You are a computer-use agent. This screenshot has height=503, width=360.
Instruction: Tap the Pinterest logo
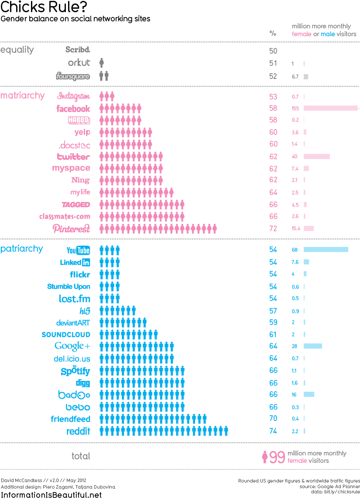coord(71,228)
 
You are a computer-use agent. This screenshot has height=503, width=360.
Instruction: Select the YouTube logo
coord(78,250)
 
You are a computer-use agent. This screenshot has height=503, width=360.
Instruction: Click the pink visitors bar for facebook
coord(330,108)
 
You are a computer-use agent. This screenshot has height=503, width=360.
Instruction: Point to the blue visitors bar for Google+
coord(312,346)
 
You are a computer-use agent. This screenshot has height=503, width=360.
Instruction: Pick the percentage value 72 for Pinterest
coord(273,228)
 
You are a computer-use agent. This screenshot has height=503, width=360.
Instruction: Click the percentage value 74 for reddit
coord(273,431)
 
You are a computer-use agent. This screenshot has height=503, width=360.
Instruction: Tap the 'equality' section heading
coord(17,50)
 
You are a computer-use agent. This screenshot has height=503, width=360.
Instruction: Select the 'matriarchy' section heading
coord(22,96)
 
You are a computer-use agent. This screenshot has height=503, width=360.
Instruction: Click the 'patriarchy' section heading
coord(22,249)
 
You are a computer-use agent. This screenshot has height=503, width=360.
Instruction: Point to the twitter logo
coord(73,157)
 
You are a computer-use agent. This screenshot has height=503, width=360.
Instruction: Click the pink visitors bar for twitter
coord(316,156)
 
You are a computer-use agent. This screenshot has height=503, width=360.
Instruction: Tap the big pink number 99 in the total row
coord(277,457)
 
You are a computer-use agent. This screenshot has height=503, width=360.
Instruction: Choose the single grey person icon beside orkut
coord(102,63)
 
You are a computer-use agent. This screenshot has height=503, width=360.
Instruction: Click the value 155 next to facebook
coord(296,109)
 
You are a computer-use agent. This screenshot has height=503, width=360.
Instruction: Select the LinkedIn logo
coord(75,262)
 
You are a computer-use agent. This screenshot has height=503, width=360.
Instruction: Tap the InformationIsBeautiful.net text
coord(51,495)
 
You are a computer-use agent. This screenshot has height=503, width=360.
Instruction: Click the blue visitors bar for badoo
coord(309,394)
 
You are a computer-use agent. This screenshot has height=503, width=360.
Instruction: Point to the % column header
coord(273,33)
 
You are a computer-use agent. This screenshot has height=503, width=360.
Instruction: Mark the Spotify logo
coord(75,371)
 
